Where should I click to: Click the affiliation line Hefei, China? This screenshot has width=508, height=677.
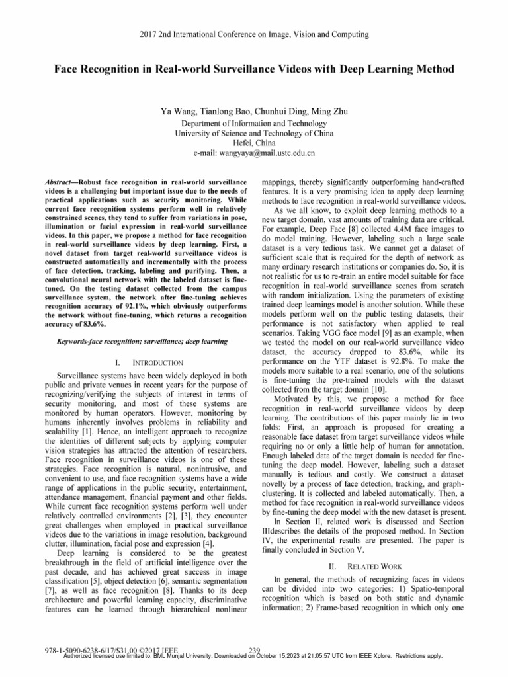(x=253, y=143)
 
